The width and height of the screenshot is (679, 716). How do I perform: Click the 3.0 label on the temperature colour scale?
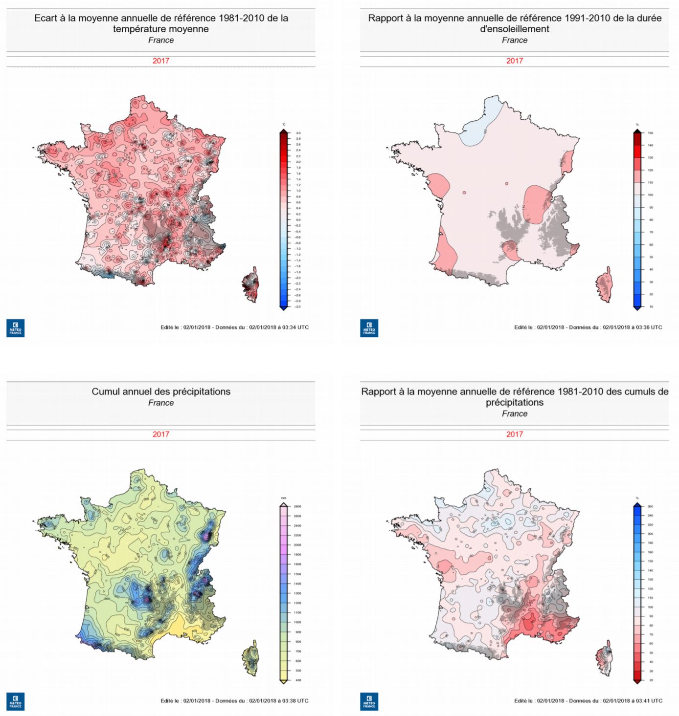(x=298, y=133)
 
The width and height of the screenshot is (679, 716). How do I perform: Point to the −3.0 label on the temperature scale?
(x=297, y=307)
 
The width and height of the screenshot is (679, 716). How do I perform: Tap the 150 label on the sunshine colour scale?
(x=651, y=133)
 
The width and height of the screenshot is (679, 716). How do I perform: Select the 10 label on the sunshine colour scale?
(x=651, y=307)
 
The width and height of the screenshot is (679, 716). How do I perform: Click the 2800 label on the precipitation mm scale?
(x=297, y=507)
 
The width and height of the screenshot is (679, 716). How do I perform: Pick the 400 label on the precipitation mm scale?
(x=298, y=680)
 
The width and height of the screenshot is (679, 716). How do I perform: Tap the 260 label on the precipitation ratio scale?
(x=651, y=507)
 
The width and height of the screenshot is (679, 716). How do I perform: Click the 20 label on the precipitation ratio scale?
(x=651, y=680)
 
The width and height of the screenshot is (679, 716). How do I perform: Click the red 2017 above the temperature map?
(x=160, y=61)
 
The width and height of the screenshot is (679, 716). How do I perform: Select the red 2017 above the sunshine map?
(x=514, y=61)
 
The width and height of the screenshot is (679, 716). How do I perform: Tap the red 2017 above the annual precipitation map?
(x=160, y=434)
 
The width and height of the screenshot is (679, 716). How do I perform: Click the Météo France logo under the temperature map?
(x=15, y=328)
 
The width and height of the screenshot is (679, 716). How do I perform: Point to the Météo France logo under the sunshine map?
(x=369, y=328)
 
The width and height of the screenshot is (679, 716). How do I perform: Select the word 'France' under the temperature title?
(x=161, y=40)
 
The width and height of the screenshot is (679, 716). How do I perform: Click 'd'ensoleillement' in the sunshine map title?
(x=514, y=29)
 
